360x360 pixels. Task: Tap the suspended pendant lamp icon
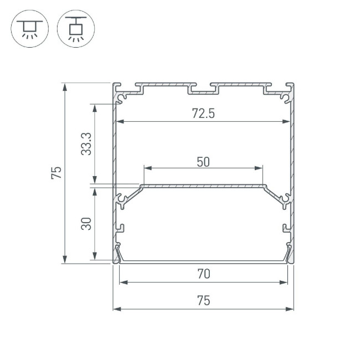click(76, 28)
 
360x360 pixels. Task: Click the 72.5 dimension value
click(203, 114)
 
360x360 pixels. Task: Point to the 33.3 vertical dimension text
click(86, 144)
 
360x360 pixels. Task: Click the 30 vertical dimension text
click(86, 223)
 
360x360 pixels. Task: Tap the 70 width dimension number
click(203, 274)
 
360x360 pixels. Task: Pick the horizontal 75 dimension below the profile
click(203, 301)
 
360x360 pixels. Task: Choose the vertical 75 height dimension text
click(55, 173)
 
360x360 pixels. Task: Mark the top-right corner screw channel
click(285, 97)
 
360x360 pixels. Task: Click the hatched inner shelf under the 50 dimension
click(203, 187)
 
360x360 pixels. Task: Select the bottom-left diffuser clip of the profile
click(118, 254)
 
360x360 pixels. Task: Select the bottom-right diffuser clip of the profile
click(288, 254)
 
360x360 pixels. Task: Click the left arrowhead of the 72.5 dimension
click(119, 122)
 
